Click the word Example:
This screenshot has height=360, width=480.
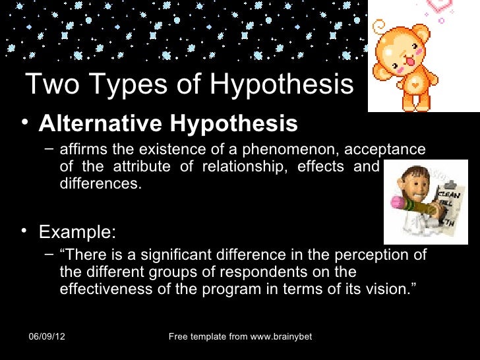pos(77,233)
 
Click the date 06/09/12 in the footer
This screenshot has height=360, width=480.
pos(50,338)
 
